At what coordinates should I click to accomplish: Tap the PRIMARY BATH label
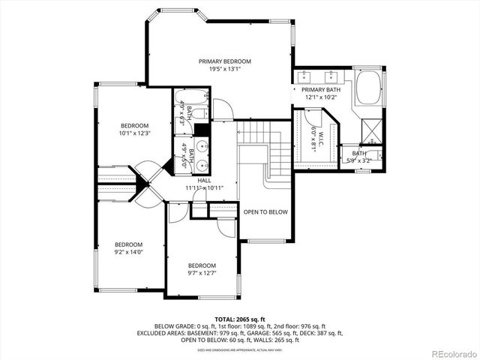pyautogui.click(x=322, y=89)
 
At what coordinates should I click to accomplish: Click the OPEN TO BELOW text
pyautogui.click(x=265, y=212)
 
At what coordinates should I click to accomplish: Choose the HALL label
pyautogui.click(x=204, y=181)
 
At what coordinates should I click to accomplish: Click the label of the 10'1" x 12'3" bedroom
pyautogui.click(x=135, y=125)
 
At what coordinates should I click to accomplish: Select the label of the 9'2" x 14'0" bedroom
pyautogui.click(x=128, y=244)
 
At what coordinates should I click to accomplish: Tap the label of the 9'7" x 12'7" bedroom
pyautogui.click(x=202, y=265)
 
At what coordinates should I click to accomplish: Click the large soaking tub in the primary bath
pyautogui.click(x=369, y=88)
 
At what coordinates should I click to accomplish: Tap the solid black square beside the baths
pyautogui.click(x=201, y=129)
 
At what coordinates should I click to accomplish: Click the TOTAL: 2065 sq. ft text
pyautogui.click(x=239, y=319)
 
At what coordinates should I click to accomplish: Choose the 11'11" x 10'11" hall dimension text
pyautogui.click(x=204, y=188)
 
